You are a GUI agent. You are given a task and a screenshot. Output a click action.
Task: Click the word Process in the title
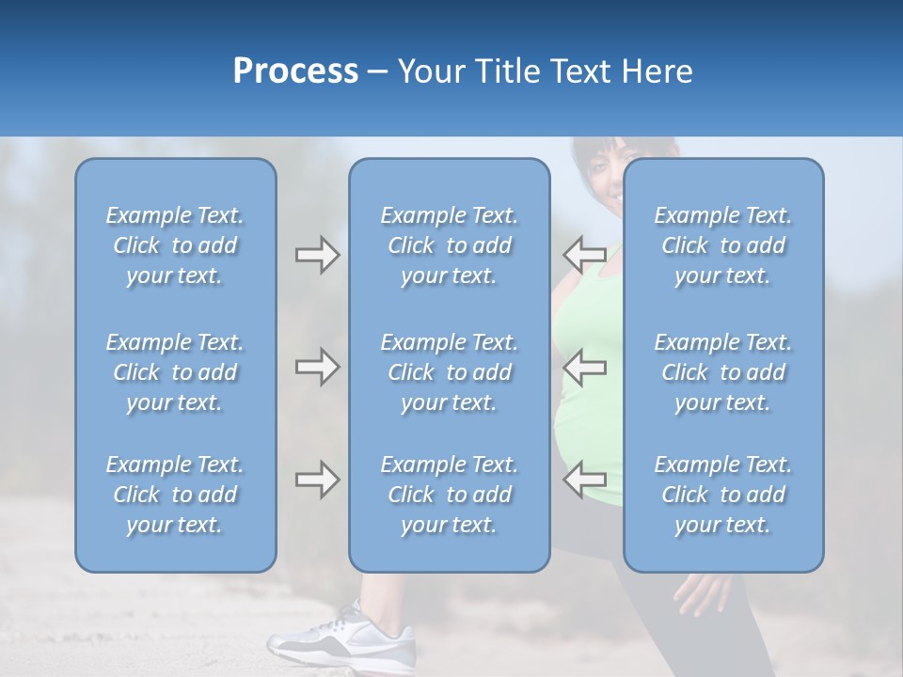point(295,71)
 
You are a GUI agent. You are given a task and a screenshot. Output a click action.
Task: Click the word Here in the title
point(658,71)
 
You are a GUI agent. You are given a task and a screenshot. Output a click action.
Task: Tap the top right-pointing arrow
point(317,255)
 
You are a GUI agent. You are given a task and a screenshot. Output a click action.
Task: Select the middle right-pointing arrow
point(317,367)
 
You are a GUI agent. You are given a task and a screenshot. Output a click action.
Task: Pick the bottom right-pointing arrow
point(317,480)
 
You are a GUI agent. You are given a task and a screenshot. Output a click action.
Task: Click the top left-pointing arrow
point(584,255)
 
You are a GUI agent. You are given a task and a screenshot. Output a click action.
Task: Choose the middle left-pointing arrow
point(584,367)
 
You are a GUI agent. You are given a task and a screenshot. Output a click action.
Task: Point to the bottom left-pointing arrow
point(584,480)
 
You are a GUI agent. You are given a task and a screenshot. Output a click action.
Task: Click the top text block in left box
point(175,245)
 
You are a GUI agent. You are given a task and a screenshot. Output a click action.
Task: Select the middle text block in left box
point(175,372)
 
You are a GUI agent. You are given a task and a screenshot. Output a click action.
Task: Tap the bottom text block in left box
point(175,495)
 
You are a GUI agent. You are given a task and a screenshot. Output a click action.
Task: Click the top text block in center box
point(449,245)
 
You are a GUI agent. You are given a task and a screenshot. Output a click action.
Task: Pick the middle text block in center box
point(449,372)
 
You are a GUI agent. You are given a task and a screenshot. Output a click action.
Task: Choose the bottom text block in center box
point(449,495)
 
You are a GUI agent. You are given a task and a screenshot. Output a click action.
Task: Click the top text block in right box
point(722,245)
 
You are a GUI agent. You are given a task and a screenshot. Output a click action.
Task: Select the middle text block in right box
point(722,372)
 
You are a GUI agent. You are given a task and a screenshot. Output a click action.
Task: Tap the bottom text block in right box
point(722,495)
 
